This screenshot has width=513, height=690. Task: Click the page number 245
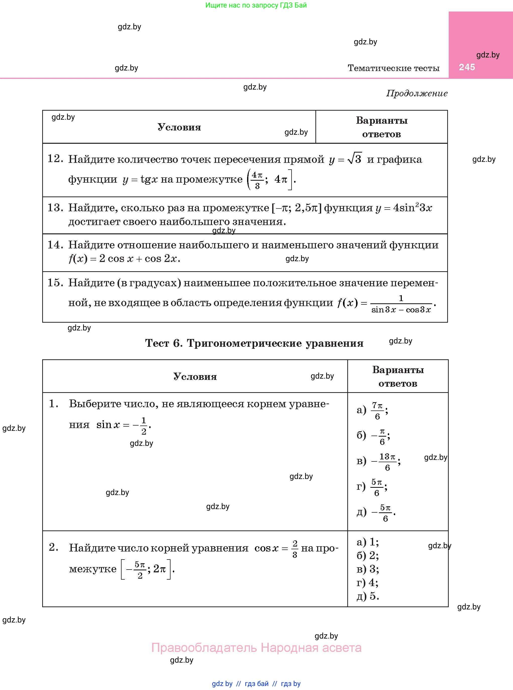pyautogui.click(x=467, y=67)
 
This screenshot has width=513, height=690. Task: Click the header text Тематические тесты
pyautogui.click(x=393, y=68)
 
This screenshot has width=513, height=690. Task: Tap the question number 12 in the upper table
pyautogui.click(x=55, y=159)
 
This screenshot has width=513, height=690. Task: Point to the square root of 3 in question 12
pyautogui.click(x=354, y=159)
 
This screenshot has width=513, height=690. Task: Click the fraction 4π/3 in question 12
pyautogui.click(x=257, y=180)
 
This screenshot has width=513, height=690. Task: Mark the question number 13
pyautogui.click(x=55, y=208)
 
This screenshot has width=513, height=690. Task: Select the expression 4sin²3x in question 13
pyautogui.click(x=412, y=208)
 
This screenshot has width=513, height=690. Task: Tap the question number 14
pyautogui.click(x=55, y=245)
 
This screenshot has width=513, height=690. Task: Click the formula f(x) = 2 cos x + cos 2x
pyautogui.click(x=124, y=259)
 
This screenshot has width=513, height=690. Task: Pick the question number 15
pyautogui.click(x=55, y=283)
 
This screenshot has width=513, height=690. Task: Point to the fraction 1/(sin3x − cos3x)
pyautogui.click(x=401, y=304)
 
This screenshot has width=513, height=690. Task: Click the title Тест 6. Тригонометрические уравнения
pyautogui.click(x=254, y=343)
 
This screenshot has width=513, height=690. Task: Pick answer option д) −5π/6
pyautogui.click(x=376, y=513)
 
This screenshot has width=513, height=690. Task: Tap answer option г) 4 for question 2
pyautogui.click(x=367, y=583)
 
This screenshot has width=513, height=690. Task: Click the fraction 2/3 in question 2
pyautogui.click(x=295, y=549)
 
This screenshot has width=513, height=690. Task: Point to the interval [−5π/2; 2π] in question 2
pyautogui.click(x=146, y=569)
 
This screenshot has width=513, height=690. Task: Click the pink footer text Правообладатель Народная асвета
pyautogui.click(x=256, y=648)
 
